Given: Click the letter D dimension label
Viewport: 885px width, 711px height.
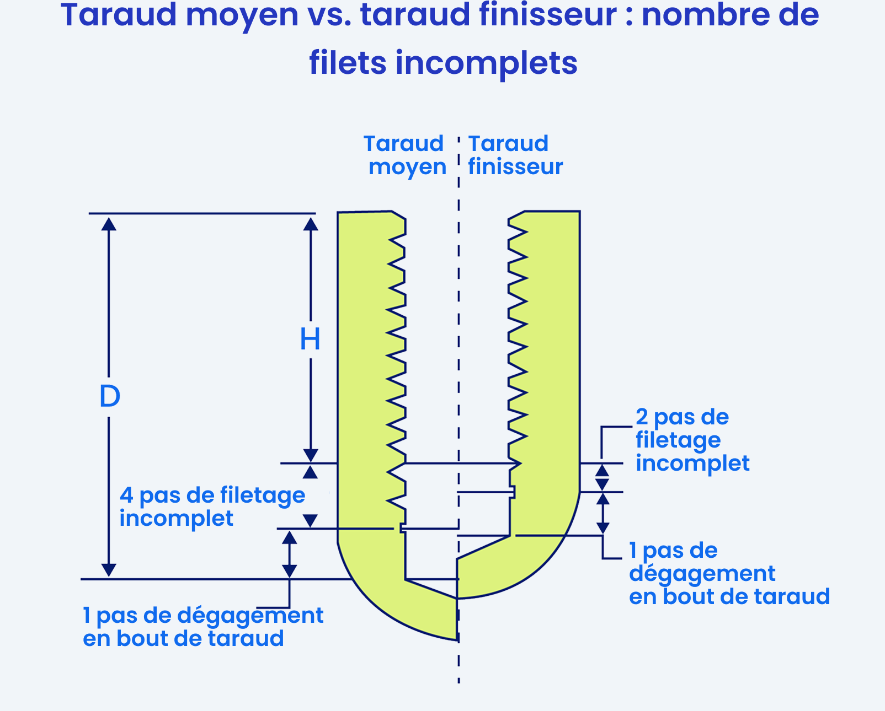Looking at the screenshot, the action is (110, 396).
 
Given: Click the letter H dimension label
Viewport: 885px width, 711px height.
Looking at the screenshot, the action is (310, 340).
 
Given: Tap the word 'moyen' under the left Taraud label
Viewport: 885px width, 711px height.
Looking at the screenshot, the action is (407, 167).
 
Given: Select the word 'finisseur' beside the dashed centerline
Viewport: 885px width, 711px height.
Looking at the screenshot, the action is (515, 167).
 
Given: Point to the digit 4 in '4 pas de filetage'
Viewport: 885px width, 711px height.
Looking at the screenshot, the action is (126, 495).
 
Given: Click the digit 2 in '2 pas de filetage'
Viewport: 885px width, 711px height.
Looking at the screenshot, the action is (642, 417).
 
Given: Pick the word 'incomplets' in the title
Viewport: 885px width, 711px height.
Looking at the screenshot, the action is (487, 64).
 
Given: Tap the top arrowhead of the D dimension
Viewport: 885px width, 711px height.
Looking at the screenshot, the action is (109, 224).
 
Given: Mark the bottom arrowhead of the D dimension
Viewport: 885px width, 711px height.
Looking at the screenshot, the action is (109, 570).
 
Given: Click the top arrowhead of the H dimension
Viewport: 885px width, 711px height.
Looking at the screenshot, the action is (311, 224).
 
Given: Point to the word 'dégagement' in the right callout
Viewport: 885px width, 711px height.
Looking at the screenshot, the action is (702, 574).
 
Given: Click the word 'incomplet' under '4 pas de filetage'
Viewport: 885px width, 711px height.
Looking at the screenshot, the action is (177, 518).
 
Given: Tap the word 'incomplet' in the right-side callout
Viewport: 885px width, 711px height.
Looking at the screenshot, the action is (692, 464).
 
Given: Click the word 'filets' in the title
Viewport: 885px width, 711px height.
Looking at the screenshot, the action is (348, 63).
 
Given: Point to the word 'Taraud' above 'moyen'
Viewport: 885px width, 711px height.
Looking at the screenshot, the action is (403, 144).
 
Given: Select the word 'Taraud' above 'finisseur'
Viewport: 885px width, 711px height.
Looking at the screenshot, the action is (508, 144).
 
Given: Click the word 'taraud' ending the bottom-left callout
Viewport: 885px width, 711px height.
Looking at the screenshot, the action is (246, 639).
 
